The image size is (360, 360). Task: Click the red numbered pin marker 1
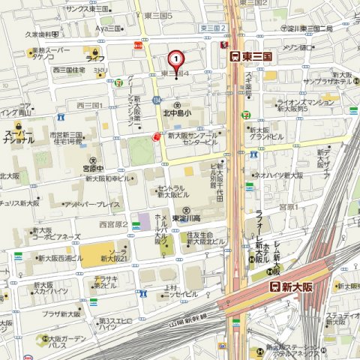pyautogui.click(x=175, y=58)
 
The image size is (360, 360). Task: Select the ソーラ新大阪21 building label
pyautogui.click(x=119, y=254)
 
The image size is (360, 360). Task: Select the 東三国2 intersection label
pyautogui.click(x=213, y=28)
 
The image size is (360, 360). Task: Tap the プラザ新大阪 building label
pyautogui.click(x=61, y=314)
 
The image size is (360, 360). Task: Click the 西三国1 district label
pyautogui.click(x=90, y=105)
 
